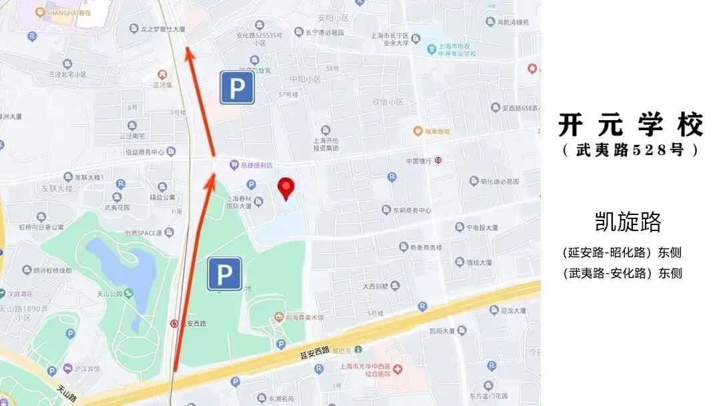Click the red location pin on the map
point(286,188)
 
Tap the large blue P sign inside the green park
point(224,274)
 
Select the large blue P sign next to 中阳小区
point(238,87)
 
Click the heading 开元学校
point(631,125)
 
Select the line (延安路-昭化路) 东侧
point(622,253)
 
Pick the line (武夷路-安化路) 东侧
point(622,273)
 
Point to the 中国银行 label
point(419,161)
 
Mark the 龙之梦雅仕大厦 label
point(162,30)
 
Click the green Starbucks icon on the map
point(358,349)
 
